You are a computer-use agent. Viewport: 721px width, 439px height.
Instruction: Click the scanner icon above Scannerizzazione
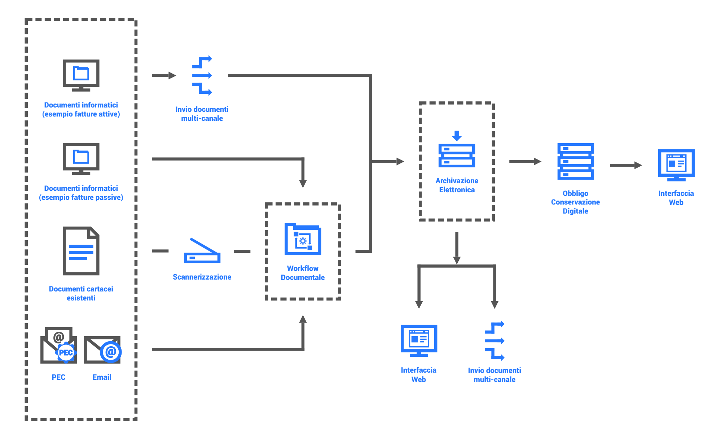click(202, 251)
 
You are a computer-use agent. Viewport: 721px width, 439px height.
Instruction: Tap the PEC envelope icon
click(59, 346)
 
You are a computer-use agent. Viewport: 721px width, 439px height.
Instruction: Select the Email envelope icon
click(102, 350)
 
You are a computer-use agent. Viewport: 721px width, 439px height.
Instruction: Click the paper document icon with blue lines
click(81, 251)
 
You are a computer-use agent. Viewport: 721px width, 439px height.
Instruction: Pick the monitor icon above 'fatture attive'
click(81, 75)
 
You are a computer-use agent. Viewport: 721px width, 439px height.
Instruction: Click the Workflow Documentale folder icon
click(303, 239)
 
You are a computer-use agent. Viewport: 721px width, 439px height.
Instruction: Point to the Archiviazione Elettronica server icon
click(457, 155)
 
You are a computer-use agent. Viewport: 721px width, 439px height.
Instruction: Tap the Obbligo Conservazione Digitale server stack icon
click(576, 161)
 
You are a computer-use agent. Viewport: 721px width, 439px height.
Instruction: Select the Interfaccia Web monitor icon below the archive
click(419, 340)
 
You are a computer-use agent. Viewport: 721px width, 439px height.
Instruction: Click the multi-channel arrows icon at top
click(202, 75)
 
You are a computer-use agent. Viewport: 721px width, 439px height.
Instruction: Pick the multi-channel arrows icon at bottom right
click(494, 341)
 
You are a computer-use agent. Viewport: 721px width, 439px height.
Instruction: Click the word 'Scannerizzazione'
click(202, 277)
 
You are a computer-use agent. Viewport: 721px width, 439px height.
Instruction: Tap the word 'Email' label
click(102, 377)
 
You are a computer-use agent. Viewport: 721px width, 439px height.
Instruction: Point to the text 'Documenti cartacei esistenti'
click(81, 293)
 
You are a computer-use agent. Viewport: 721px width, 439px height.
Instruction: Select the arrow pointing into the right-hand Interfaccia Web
click(626, 165)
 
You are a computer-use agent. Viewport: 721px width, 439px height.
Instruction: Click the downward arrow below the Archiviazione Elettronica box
click(457, 249)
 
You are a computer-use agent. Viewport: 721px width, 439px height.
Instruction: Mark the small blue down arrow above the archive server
click(457, 136)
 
